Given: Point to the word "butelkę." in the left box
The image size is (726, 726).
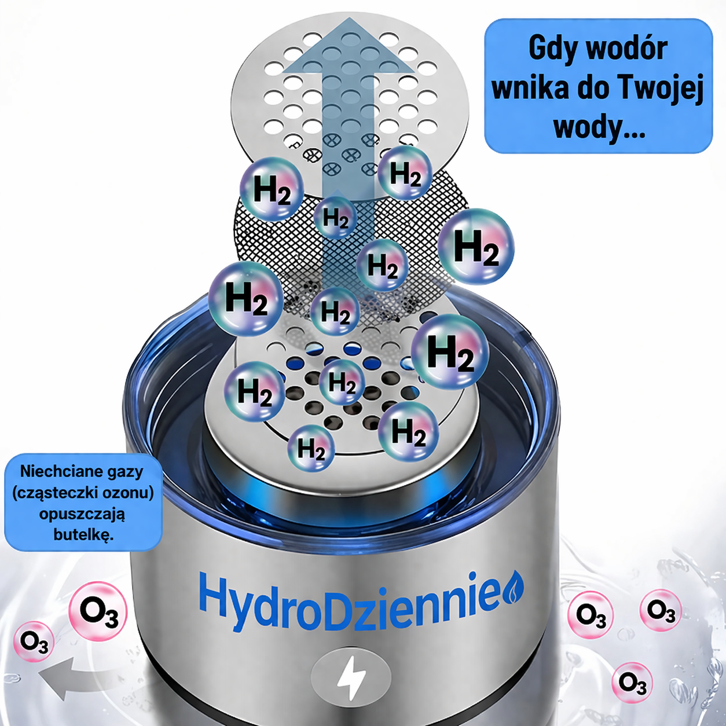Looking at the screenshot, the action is tap(83, 534).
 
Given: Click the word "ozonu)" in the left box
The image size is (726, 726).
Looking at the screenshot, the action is tap(128, 493).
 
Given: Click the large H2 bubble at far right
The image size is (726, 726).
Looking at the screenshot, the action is tap(476, 247).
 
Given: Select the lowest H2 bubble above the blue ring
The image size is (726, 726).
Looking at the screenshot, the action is tap(311, 448).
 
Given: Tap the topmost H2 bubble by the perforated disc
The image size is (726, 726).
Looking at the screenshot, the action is tap(405, 173).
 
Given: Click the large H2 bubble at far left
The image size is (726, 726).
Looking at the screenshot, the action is tap(246, 299).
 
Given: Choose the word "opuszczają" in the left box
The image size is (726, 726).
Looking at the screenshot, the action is tap(82, 514).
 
